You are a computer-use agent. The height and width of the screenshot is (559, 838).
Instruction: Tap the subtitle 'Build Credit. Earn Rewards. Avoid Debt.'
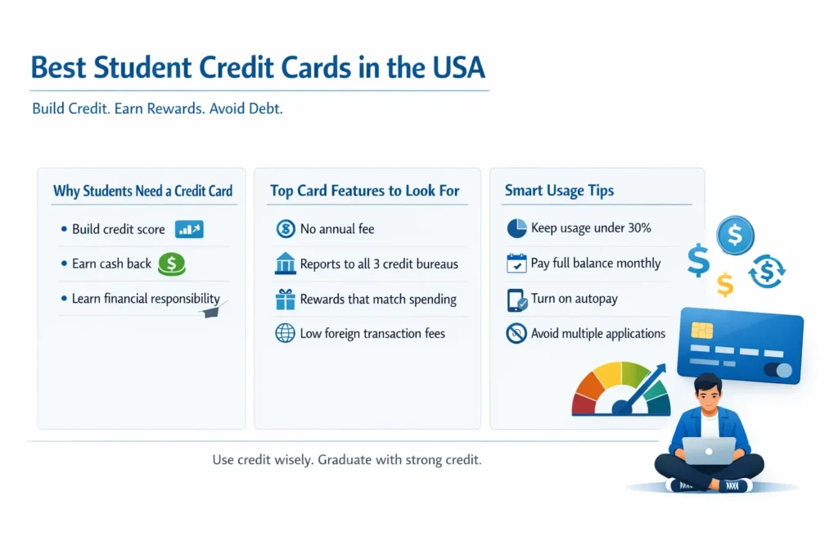pyautogui.click(x=157, y=109)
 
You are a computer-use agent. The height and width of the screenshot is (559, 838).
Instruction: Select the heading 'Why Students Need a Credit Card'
pyautogui.click(x=142, y=191)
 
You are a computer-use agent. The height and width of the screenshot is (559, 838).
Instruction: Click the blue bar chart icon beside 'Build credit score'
pyautogui.click(x=189, y=229)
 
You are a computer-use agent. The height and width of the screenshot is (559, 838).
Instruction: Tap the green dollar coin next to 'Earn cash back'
pyautogui.click(x=172, y=264)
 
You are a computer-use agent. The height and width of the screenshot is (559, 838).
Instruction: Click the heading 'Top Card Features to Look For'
pyautogui.click(x=364, y=191)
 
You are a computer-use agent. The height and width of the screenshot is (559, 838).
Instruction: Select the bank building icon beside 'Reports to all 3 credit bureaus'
pyautogui.click(x=285, y=264)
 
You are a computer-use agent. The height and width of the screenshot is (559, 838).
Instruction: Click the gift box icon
pyautogui.click(x=285, y=300)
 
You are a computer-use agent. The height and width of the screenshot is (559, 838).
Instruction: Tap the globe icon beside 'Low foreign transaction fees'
pyautogui.click(x=285, y=333)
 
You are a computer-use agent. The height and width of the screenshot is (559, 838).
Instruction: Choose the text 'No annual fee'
pyautogui.click(x=337, y=228)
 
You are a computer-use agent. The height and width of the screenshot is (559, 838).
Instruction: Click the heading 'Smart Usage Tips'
pyautogui.click(x=559, y=191)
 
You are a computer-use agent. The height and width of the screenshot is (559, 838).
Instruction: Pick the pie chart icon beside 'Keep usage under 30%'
pyautogui.click(x=516, y=228)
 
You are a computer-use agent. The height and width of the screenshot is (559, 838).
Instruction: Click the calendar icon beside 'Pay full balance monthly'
pyautogui.click(x=516, y=264)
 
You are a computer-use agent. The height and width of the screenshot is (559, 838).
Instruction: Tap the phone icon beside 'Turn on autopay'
pyautogui.click(x=517, y=300)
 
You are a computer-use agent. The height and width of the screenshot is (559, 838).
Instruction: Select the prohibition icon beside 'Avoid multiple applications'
pyautogui.click(x=516, y=333)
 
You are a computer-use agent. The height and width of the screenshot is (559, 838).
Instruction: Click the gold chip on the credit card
pyautogui.click(x=701, y=331)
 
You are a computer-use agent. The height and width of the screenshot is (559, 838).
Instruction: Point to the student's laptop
pyautogui.click(x=709, y=451)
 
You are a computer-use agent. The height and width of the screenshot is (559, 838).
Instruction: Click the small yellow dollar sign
pyautogui.click(x=725, y=284)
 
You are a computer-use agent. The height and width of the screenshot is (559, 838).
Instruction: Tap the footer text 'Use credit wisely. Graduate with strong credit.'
pyautogui.click(x=347, y=460)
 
